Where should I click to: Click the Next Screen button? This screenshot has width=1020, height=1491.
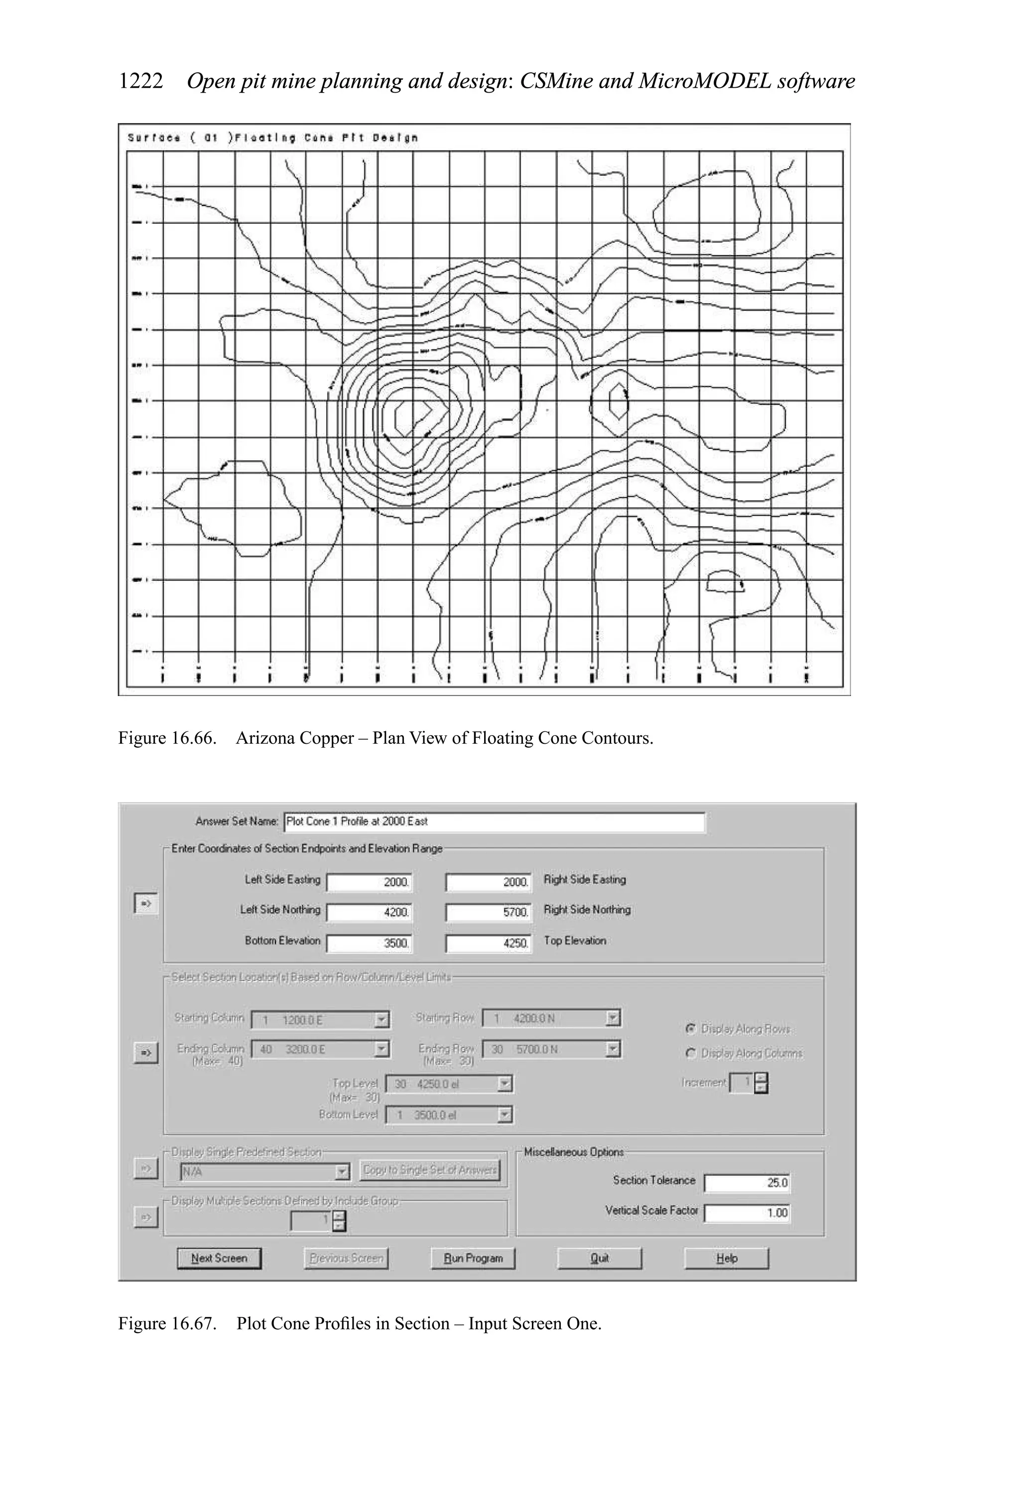pos(219,1258)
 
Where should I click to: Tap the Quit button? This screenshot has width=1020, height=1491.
pos(599,1258)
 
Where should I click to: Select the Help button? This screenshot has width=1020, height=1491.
pos(726,1258)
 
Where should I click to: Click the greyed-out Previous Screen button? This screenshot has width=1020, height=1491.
pos(346,1258)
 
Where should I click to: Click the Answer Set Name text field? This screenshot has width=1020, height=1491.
pos(494,822)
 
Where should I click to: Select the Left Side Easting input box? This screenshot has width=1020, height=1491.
pos(370,882)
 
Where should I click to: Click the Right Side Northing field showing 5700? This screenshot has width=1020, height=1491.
pos(489,912)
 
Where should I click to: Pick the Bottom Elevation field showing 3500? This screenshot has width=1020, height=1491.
pos(370,943)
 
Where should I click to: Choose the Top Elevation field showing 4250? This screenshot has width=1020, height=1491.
pos(489,943)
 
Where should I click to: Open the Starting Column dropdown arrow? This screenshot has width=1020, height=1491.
pos(382,1019)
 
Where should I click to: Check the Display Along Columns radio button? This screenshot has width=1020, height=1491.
pos(691,1053)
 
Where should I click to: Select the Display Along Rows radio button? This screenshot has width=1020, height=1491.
pos(691,1028)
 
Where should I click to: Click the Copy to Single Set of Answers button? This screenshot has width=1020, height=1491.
pos(430,1170)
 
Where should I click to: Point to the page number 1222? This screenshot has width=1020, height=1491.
pos(140,82)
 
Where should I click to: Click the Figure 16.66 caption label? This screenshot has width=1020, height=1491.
pos(166,738)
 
